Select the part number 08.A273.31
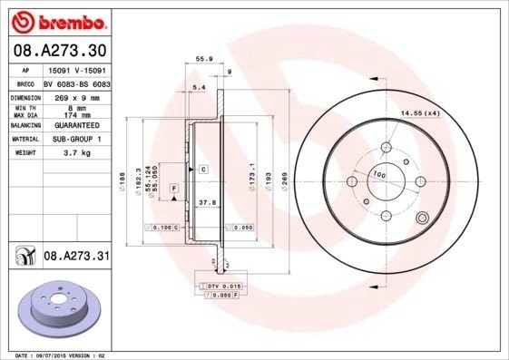pos(77,258)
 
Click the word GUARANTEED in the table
pos(74,126)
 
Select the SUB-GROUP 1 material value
pos(74,139)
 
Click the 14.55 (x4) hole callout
pos(420,112)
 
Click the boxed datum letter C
pos(204,170)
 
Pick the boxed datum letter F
pos(174,187)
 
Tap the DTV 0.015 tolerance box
pos(223,286)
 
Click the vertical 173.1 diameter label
pos(253,177)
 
